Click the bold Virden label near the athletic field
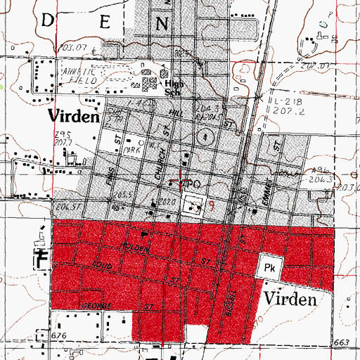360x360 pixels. (72, 116)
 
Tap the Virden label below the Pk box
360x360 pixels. (290, 300)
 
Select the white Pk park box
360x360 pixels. (270, 268)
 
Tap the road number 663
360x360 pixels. (342, 342)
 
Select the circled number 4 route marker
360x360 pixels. (204, 135)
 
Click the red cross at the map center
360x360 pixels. (181, 181)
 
